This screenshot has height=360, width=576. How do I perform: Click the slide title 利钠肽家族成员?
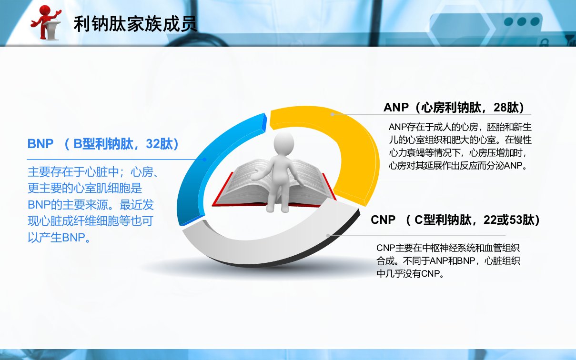tap(135, 24)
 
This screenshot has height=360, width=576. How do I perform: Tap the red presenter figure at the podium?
tap(46, 22)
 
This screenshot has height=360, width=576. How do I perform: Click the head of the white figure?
tap(283, 143)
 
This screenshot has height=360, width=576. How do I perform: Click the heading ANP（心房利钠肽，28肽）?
tap(454, 108)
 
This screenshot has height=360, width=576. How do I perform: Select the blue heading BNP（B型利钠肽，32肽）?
tap(103, 144)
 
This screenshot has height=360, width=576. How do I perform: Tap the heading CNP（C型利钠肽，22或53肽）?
tap(455, 220)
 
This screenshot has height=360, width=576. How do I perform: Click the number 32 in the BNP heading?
tap(153, 144)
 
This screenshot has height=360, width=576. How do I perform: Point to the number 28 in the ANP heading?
tap(500, 108)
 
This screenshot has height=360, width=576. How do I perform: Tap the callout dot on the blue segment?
tap(204, 160)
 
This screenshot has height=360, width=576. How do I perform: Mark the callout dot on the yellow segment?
tap(332, 114)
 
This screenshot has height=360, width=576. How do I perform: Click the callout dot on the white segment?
tap(328, 235)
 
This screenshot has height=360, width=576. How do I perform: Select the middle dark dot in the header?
tap(522, 21)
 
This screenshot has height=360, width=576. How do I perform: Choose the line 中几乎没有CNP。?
tap(410, 274)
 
